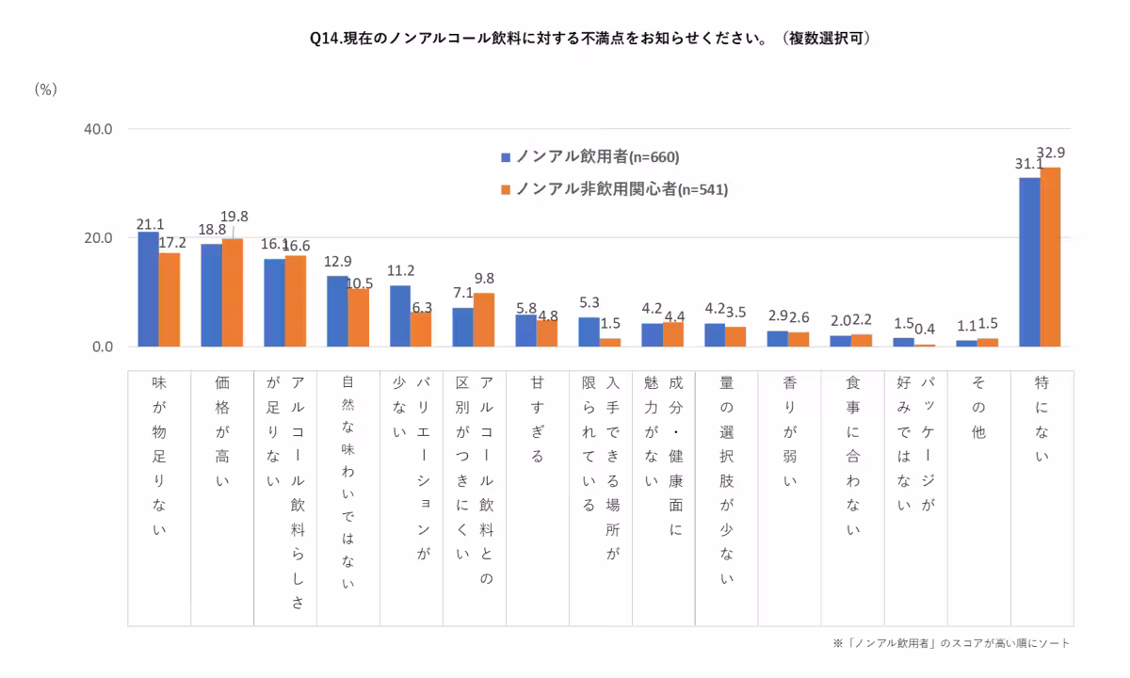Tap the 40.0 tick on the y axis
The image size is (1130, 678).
(x=97, y=129)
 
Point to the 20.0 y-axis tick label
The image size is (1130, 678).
(x=97, y=238)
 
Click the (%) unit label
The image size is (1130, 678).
(x=46, y=89)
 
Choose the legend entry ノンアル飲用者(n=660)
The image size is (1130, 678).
(x=589, y=156)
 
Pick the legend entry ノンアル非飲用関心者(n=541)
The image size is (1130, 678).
(x=613, y=189)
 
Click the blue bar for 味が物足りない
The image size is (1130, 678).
(x=149, y=289)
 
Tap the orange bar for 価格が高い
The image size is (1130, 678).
(x=233, y=293)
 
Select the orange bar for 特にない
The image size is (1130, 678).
(x=1050, y=257)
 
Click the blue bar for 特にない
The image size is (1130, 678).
(x=1029, y=262)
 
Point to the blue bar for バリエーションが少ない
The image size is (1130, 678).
(x=400, y=316)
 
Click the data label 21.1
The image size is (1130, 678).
(x=151, y=224)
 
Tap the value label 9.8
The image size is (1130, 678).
(x=484, y=279)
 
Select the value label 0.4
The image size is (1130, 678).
(x=925, y=330)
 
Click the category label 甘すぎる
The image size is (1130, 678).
(x=538, y=420)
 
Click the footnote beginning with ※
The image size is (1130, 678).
(x=951, y=643)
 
